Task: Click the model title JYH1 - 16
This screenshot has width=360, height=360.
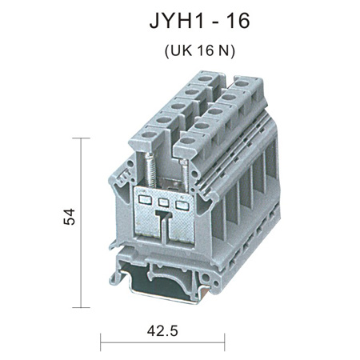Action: click(199, 21)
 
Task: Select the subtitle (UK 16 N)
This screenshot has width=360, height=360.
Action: click(200, 50)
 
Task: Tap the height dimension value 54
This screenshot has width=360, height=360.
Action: click(70, 217)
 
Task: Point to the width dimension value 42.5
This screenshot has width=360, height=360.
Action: click(162, 331)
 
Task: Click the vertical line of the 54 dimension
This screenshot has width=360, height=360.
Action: click(81, 222)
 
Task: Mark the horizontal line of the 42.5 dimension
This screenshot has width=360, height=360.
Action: click(162, 342)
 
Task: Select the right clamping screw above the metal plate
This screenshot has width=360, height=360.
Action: click(185, 174)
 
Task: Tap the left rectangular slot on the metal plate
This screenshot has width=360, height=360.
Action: click(145, 200)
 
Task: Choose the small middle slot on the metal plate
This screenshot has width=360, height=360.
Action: click(163, 203)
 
